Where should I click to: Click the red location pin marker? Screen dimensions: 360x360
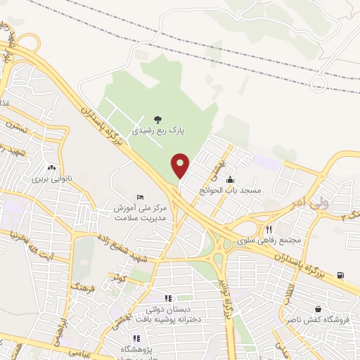181,165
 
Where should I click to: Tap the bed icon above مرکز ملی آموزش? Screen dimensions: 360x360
140,196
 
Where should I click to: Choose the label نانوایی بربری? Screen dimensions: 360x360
51,179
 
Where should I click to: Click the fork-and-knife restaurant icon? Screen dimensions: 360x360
268,229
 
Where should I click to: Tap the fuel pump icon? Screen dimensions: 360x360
341,275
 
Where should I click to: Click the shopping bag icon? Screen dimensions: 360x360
319,308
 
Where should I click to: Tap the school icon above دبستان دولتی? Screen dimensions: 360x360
168,298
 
